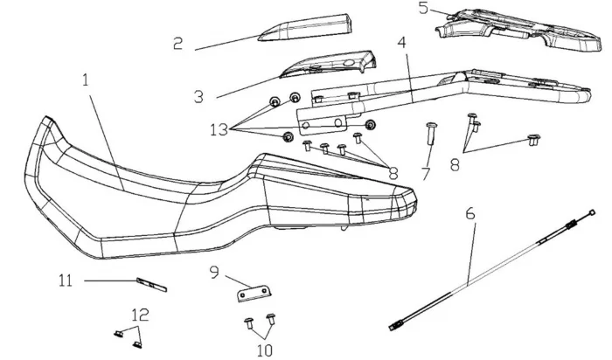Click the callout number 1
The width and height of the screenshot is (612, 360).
86,80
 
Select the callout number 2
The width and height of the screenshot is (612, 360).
178,43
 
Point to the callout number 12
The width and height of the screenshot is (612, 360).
140,314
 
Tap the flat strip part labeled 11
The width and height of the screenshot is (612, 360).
150,284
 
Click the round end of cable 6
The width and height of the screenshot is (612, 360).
592,211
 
